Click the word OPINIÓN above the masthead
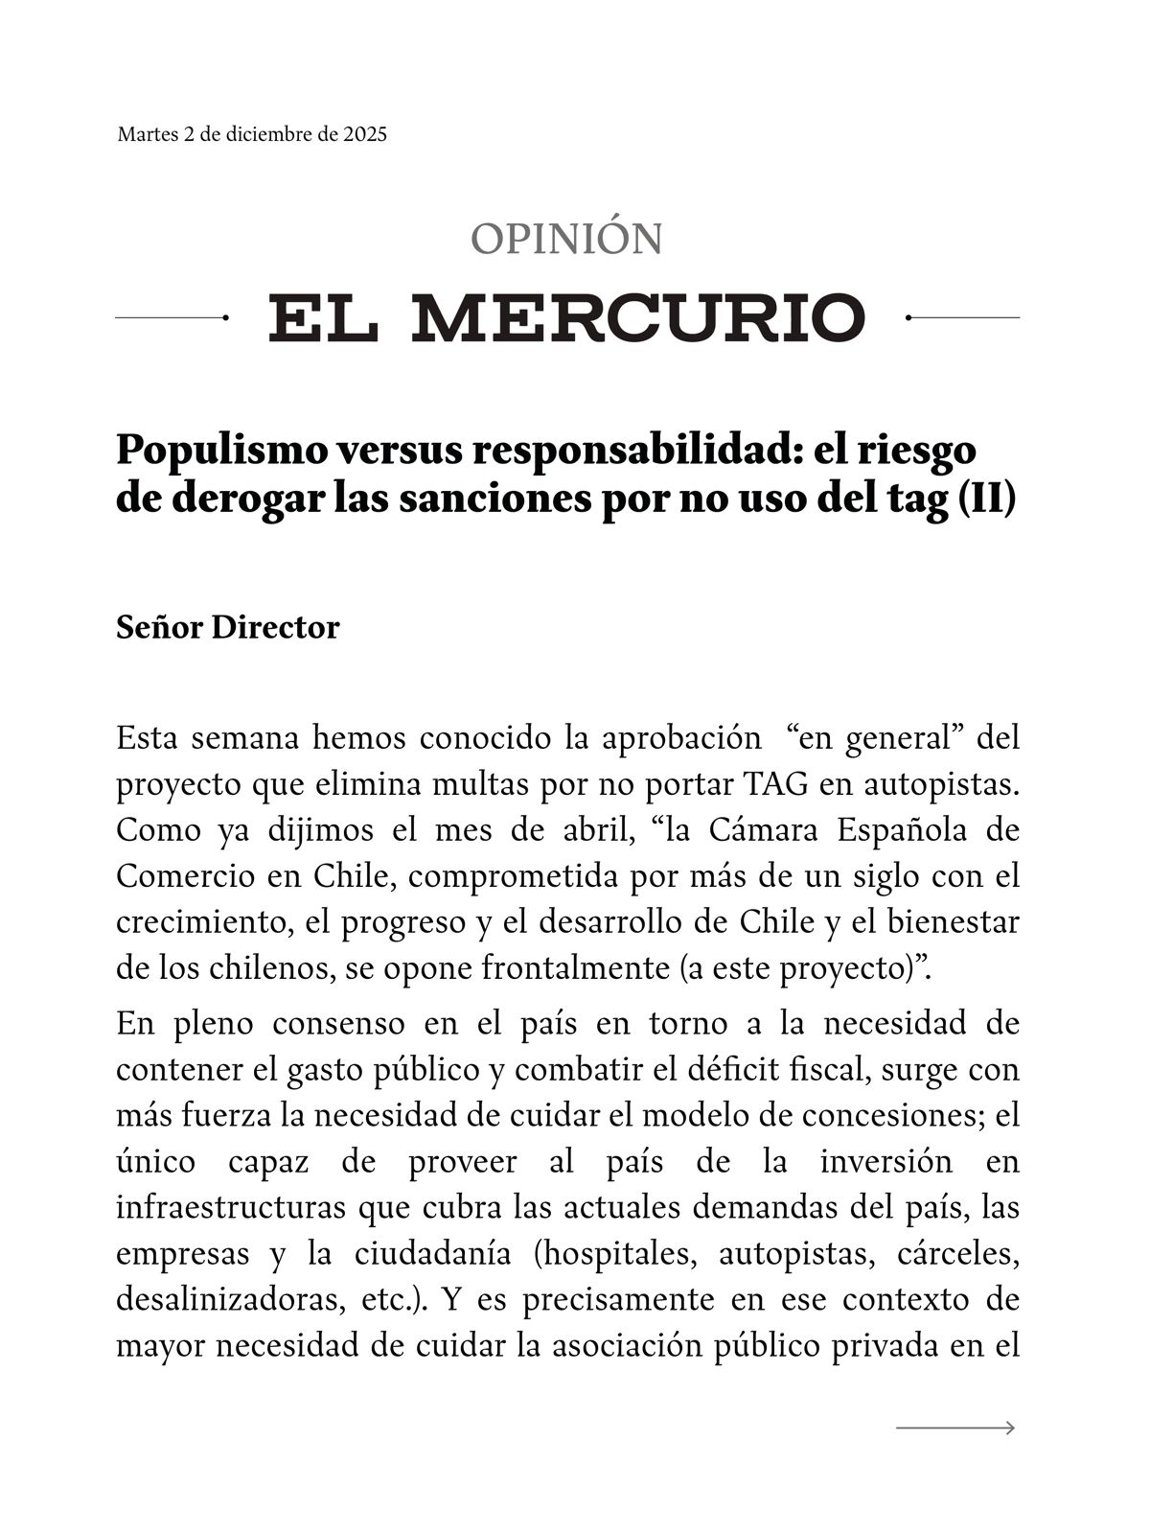click(x=566, y=239)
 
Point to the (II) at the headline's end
click(x=986, y=500)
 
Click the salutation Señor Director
click(x=228, y=627)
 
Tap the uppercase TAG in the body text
click(x=774, y=784)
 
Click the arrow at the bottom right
click(x=955, y=1429)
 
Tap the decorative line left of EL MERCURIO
click(x=171, y=317)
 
